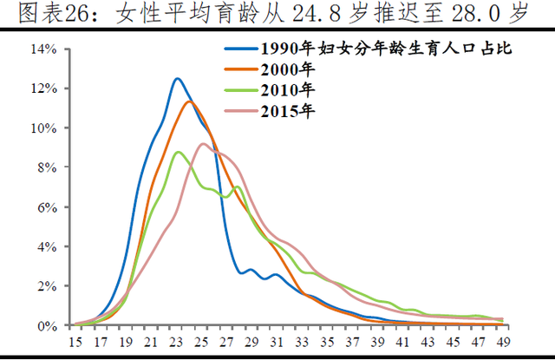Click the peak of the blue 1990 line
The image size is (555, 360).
[x=177, y=79]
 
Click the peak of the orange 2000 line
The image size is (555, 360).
[x=189, y=101]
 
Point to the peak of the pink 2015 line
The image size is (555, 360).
[x=203, y=144]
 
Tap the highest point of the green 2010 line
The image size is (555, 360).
[x=178, y=152]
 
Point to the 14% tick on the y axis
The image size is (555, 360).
[x=45, y=49]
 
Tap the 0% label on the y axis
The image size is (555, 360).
[x=48, y=325]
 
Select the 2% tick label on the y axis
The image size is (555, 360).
[x=48, y=285]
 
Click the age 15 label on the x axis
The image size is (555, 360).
[x=76, y=342]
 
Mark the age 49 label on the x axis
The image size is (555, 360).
[x=502, y=342]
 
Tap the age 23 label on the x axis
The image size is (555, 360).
[x=177, y=342]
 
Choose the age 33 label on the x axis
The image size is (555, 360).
[x=302, y=342]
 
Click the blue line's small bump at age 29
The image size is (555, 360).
[x=251, y=270]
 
